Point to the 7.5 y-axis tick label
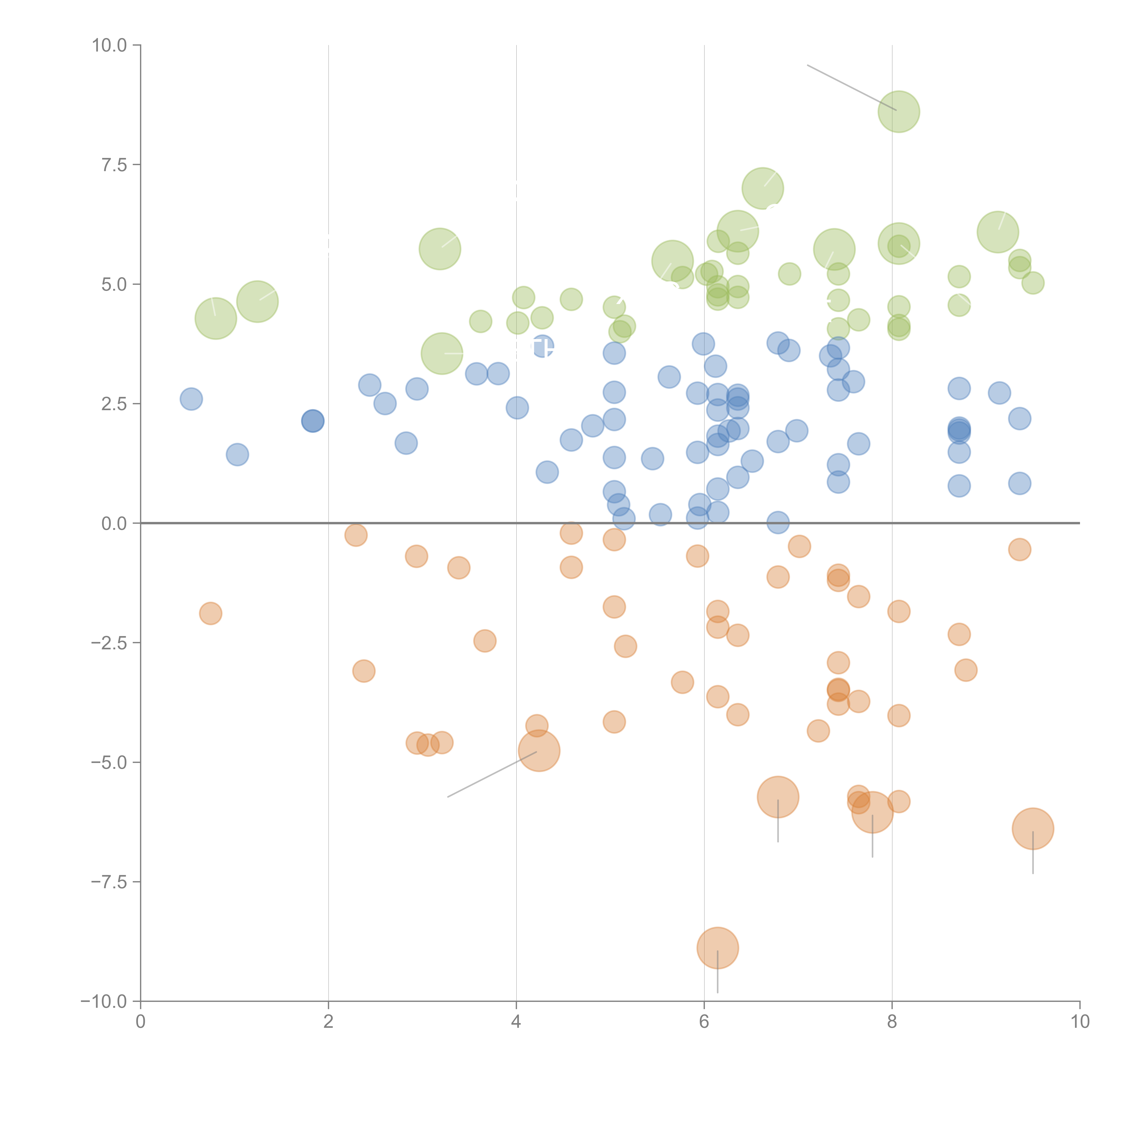[114, 165]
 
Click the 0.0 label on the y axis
[114, 524]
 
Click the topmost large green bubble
[898, 112]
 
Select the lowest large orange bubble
[717, 948]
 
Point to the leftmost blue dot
[191, 399]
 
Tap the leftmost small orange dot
[210, 613]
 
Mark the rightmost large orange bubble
[1033, 829]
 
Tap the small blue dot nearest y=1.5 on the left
[237, 454]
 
